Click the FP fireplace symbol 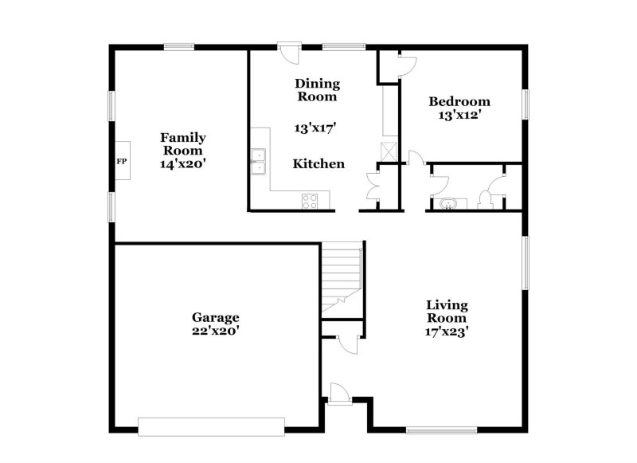click(x=122, y=161)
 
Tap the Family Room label click(x=183, y=143)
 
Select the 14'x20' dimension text click(x=183, y=163)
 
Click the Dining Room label click(x=318, y=90)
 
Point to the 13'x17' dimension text click(x=317, y=128)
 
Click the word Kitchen click(x=318, y=164)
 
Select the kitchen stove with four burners click(x=311, y=202)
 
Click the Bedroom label click(x=459, y=101)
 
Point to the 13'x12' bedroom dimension click(x=459, y=115)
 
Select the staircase click(x=342, y=279)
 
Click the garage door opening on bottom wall click(x=211, y=426)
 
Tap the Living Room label click(x=447, y=311)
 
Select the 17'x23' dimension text click(x=447, y=330)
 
